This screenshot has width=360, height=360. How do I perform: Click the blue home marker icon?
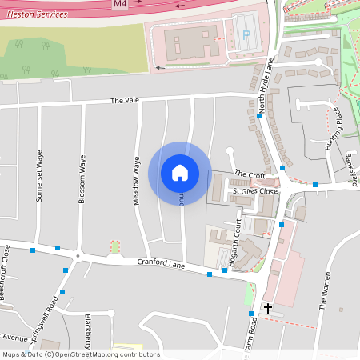179,172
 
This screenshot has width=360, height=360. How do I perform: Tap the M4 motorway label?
120,4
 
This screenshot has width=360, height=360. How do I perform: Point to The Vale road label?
125,100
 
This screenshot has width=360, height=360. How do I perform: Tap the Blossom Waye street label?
82,181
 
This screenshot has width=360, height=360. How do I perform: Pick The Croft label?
250,174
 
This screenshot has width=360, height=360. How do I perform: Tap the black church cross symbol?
267,307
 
